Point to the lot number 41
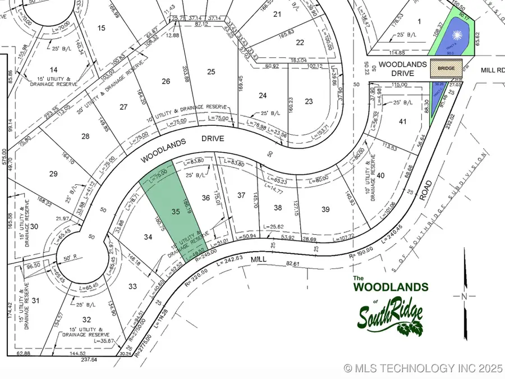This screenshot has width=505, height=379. click(x=402, y=121)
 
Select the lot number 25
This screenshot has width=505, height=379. click(x=211, y=71)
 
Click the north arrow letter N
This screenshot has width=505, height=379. click(x=463, y=296)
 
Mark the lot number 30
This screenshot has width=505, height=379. click(x=34, y=226)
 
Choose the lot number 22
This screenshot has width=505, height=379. click(x=300, y=42)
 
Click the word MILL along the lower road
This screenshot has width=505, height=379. click(x=258, y=260)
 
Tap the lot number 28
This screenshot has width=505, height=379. click(x=85, y=136)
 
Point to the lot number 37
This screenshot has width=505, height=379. click(x=241, y=195)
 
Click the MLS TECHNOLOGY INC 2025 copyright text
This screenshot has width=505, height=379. click(x=423, y=368)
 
